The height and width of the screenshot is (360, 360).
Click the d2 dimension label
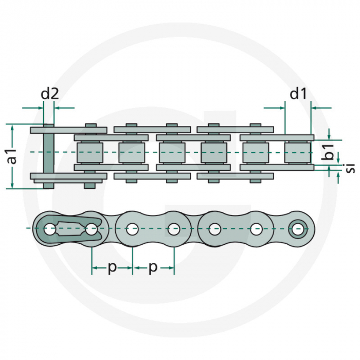pos(50,94)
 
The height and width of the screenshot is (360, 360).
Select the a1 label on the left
pos(12,156)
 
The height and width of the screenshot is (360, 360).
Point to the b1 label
pos(330,153)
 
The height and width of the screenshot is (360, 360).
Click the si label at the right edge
pos(350,167)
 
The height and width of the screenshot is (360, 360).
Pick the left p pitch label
pos(112,268)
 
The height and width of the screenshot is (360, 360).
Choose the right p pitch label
pos(153,268)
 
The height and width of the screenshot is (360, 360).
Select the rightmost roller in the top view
pos(297,152)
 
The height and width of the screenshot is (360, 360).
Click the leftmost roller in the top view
pos(89,152)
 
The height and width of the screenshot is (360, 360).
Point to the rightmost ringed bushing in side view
pos(298,228)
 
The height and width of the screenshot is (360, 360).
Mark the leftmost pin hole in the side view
pos(49,229)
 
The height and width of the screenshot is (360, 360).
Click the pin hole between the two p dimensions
pos(133,229)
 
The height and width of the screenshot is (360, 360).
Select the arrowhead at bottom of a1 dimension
pos(12,186)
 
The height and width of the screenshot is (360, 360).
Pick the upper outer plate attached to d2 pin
pos(68,130)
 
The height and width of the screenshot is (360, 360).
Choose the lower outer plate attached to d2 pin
pos(68,176)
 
